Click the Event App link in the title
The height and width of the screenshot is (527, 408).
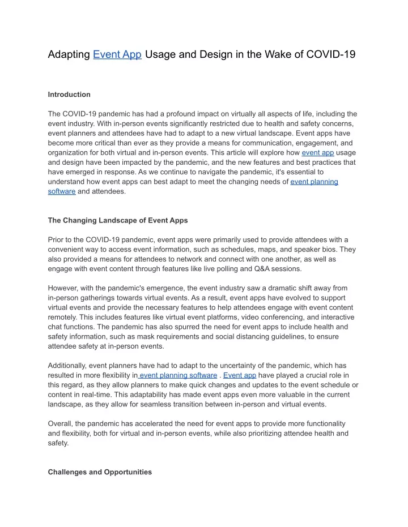coord(117,55)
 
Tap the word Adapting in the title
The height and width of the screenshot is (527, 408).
coord(69,55)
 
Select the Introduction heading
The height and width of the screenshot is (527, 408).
coord(69,95)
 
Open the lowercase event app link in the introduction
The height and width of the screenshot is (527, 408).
coord(318,152)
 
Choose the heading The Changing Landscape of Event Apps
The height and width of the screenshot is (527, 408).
coord(118,220)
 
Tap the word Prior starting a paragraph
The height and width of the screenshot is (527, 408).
coord(57,239)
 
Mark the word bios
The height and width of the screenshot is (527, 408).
coord(330,249)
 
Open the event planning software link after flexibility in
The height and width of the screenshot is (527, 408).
coord(178,375)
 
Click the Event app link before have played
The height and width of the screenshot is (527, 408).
coord(240,375)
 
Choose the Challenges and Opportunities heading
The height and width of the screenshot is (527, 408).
coord(100,472)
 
